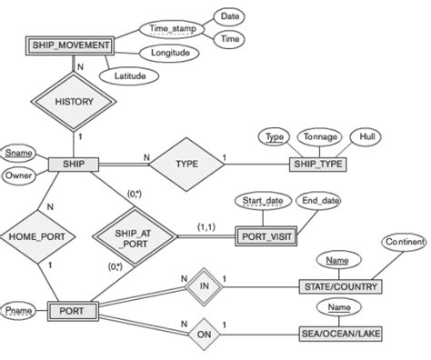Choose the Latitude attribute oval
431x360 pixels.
pos(130,76)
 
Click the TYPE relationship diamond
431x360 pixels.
pos(184,165)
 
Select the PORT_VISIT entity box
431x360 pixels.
pos(264,235)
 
